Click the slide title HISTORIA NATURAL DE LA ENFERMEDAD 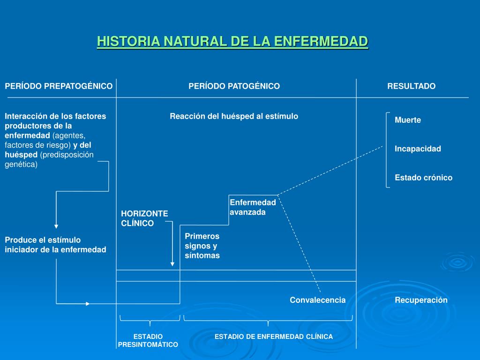coord(232,41)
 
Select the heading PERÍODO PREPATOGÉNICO coord(59,86)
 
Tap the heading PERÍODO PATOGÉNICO coord(234,86)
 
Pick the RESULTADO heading coord(411,86)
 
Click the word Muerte coord(408,120)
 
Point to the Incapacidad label coord(418,149)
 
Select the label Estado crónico coord(423,178)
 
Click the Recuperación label coord(421,300)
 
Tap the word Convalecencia coord(317,300)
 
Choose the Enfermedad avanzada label coord(253,207)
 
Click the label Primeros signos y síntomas coord(202,246)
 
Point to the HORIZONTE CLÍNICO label coord(144,218)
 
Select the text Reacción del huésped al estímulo coord(234,116)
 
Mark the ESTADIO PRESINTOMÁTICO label coord(148,340)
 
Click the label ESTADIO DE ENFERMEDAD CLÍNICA coord(274,337)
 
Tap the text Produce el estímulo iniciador coord(55,245)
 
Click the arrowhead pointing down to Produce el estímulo coord(56,225)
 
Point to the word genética coord(21,165)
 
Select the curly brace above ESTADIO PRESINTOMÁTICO coord(150,321)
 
